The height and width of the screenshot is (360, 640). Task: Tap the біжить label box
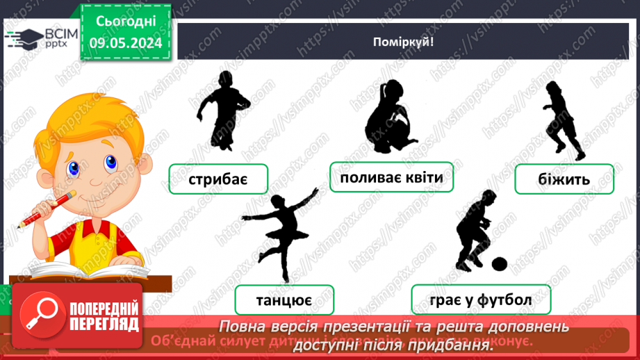pos(564,179)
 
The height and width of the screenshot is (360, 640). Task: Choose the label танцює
pos(284,301)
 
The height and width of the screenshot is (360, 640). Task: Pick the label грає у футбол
pos(480,300)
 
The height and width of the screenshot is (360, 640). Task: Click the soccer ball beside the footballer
pos(499,264)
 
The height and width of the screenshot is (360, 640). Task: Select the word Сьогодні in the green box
pos(126,22)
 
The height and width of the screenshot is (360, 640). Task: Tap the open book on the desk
pos(90,268)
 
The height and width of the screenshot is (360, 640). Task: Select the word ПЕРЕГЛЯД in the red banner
pos(105,324)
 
